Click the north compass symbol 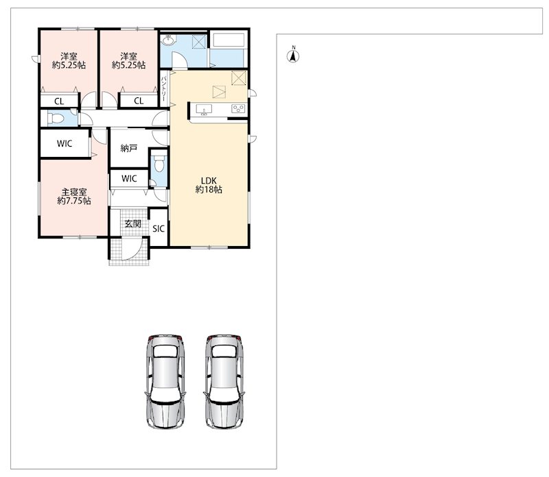pos(294,56)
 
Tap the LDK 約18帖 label pos(209,185)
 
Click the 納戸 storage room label pos(128,148)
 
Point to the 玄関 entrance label pos(132,223)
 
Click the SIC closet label pos(159,229)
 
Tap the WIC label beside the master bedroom pos(65,143)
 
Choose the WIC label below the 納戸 pos(129,179)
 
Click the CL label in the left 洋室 pos(59,101)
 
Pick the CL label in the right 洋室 pos(139,101)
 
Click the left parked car pos(165,381)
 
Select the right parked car pos(224,381)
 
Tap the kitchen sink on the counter pos(203,110)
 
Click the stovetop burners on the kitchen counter pos(238,109)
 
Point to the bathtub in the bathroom pos(229,40)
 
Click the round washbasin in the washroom pos(169,40)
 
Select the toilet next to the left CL pos(56,119)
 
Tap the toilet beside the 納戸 pos(159,164)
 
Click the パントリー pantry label pos(163,89)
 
